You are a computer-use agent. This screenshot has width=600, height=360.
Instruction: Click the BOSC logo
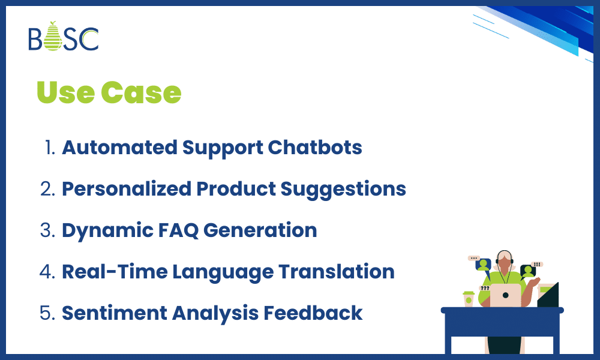click(x=63, y=37)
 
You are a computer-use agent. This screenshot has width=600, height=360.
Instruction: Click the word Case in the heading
click(x=141, y=92)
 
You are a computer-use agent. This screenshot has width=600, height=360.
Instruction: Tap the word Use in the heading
click(x=65, y=92)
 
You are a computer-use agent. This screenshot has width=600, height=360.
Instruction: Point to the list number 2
click(x=47, y=189)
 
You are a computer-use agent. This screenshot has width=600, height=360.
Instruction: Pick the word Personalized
click(x=126, y=189)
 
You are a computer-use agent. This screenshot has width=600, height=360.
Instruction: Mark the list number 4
click(x=47, y=272)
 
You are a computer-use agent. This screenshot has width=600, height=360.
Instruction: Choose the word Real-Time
click(x=114, y=272)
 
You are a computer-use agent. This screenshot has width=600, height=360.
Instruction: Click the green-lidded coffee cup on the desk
click(x=468, y=299)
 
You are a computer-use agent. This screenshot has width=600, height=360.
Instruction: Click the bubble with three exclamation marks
click(x=537, y=264)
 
